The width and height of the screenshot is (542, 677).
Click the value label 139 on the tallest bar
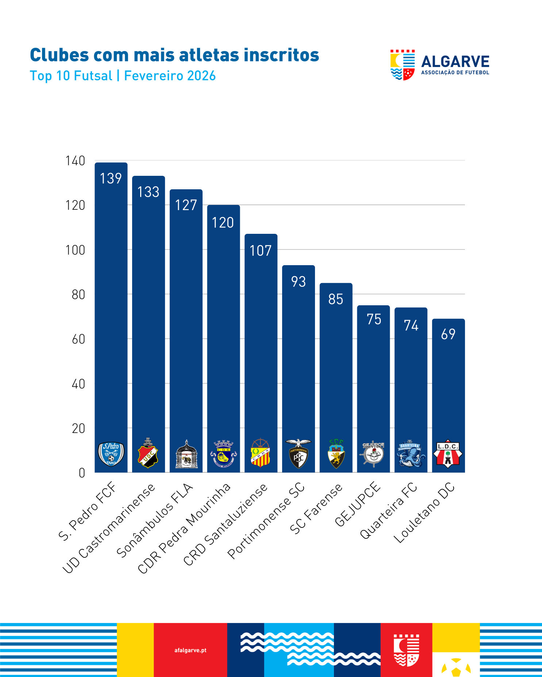(x=111, y=178)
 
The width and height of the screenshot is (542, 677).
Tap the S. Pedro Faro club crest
(x=111, y=454)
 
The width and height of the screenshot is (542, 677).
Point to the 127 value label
(x=186, y=205)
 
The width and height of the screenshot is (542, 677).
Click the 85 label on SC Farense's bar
(x=336, y=299)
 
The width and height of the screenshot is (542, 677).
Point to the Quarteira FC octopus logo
(x=411, y=454)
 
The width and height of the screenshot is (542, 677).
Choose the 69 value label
(x=448, y=334)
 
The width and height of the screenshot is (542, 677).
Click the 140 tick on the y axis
(x=75, y=161)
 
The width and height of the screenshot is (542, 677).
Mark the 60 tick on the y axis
(x=78, y=339)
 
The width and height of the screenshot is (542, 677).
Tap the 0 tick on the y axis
(x=82, y=473)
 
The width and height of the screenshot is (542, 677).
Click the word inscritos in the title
(x=281, y=55)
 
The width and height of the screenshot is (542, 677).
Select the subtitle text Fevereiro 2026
(x=170, y=76)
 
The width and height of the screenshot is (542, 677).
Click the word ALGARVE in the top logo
(x=455, y=62)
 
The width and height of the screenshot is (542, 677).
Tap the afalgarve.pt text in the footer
(x=191, y=650)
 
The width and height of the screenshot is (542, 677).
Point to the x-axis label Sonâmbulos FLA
(x=155, y=521)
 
